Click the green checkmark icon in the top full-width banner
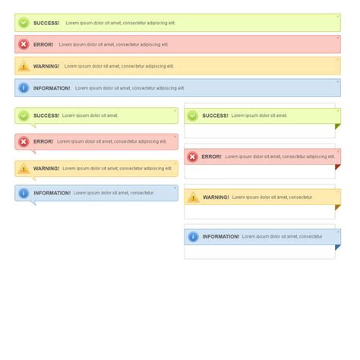(24, 23)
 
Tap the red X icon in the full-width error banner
(24, 45)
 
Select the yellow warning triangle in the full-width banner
(24, 66)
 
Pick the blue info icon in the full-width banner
(24, 88)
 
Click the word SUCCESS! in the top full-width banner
(46, 23)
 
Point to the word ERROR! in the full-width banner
(43, 45)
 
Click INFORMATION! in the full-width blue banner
(52, 88)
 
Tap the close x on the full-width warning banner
(338, 60)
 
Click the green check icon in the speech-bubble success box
(24, 115)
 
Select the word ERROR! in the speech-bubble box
(43, 141)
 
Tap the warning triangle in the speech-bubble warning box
(24, 169)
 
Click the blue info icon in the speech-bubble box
(24, 193)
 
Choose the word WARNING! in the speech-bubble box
(46, 169)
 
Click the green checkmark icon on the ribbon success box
(192, 115)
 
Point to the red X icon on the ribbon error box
(192, 156)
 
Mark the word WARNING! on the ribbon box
(216, 197)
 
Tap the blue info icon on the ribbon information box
(192, 237)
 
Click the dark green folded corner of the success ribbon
(337, 126)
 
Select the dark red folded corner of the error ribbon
(337, 167)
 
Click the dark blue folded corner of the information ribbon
(337, 248)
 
